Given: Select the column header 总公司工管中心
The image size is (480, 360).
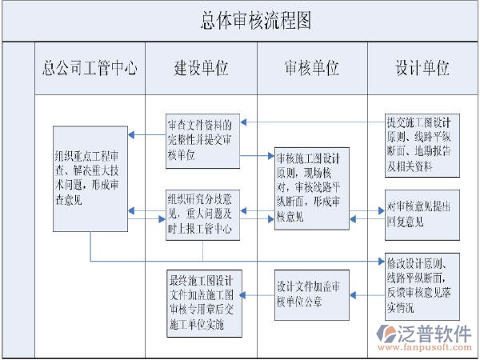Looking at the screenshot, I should point(90,67).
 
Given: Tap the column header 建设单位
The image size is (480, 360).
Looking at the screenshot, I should point(200,67).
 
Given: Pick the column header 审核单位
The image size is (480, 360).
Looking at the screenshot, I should point(311,67).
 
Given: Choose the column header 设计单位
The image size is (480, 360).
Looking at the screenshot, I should point(422,67).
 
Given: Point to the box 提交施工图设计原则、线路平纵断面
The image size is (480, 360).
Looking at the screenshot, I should point(422,145).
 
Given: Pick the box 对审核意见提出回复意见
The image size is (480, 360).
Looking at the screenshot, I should point(422,214).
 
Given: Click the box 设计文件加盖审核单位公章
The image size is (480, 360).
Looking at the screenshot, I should point(312,294).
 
